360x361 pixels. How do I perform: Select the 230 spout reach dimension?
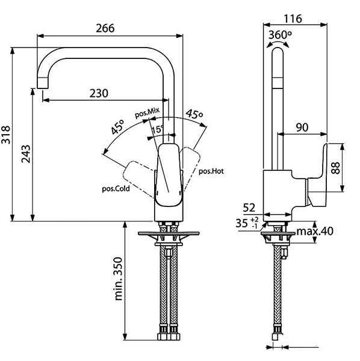(x=99, y=93)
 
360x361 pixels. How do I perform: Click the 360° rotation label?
(x=280, y=35)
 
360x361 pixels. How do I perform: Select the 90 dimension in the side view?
(x=303, y=127)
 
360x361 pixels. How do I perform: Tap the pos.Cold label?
(x=116, y=188)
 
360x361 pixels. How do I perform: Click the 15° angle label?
(x=157, y=129)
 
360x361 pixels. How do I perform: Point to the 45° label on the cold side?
(x=117, y=129)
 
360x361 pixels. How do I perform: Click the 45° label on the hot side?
(x=194, y=114)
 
